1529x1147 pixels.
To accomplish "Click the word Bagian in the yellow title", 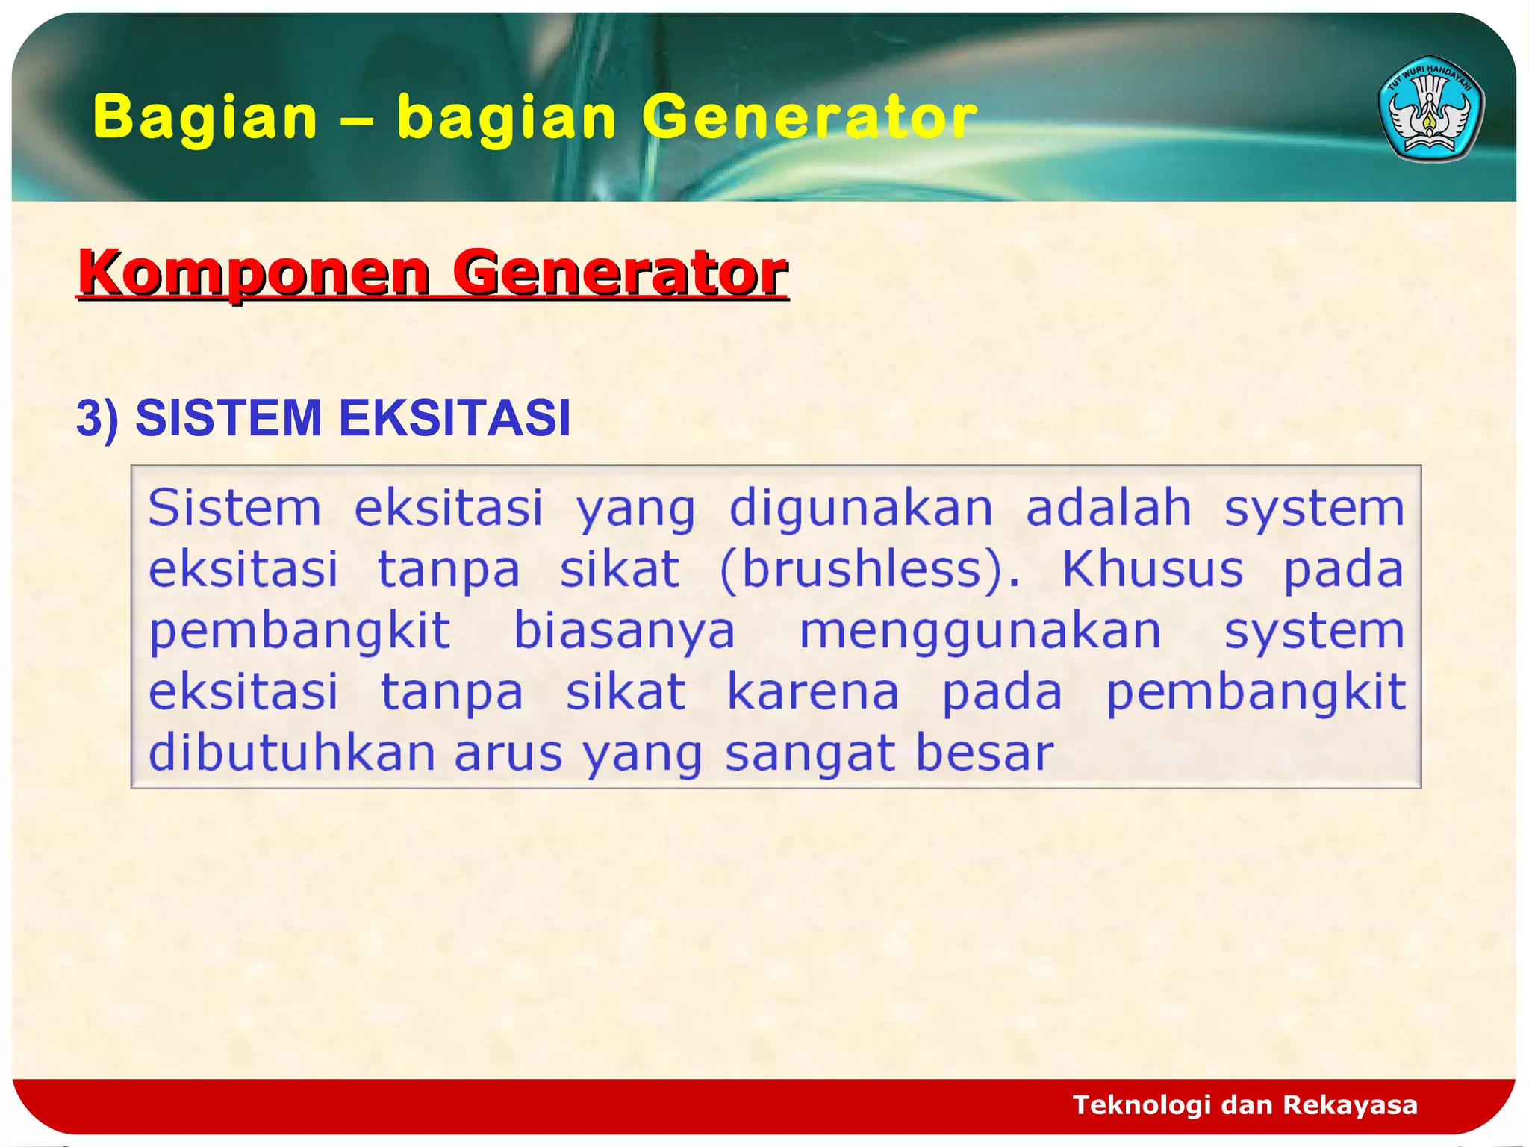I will tap(205, 117).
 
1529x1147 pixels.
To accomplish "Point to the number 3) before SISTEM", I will tap(98, 418).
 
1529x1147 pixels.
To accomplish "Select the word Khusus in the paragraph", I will tap(1152, 570).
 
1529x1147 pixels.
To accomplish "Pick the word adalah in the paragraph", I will tap(1108, 508).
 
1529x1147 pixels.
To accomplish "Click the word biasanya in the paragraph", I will tap(624, 632).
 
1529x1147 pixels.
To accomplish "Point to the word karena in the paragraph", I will tap(813, 692).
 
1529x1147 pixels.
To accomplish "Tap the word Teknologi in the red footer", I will tap(1141, 1105).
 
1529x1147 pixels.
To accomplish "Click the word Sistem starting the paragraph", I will tap(234, 508).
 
